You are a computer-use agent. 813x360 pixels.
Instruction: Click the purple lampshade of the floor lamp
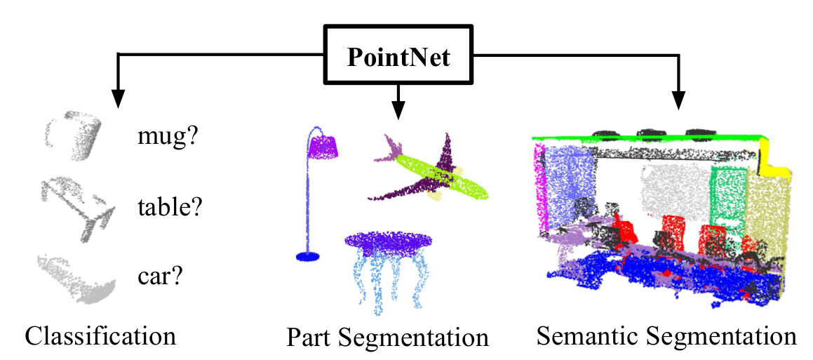[325, 146]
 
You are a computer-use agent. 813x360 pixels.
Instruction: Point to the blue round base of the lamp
[307, 257]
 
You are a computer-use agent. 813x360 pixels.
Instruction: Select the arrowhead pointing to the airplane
[398, 110]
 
